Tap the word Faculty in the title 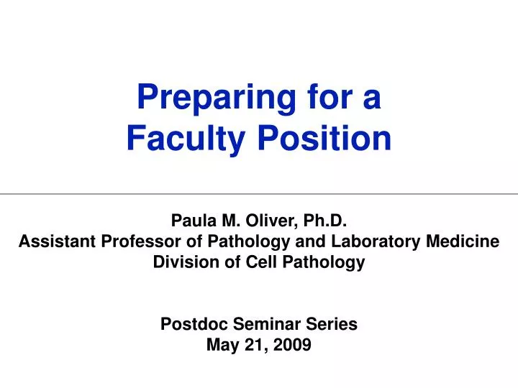point(186,139)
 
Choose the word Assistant point(57,242)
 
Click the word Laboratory point(372,242)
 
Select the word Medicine point(460,242)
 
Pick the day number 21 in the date point(255,345)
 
